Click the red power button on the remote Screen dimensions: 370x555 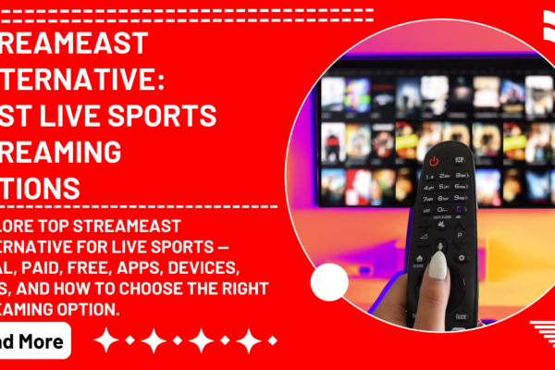point(434,161)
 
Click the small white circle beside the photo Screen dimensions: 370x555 point(329,281)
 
